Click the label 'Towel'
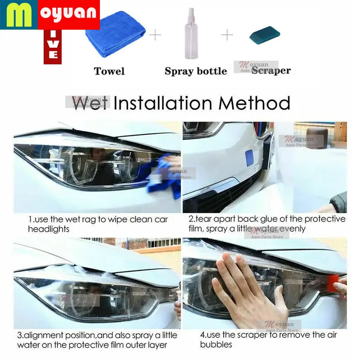coord(109,71)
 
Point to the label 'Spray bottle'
coord(195,71)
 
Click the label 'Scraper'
coord(271,71)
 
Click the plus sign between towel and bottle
coord(155,35)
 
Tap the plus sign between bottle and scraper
coord(228,35)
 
